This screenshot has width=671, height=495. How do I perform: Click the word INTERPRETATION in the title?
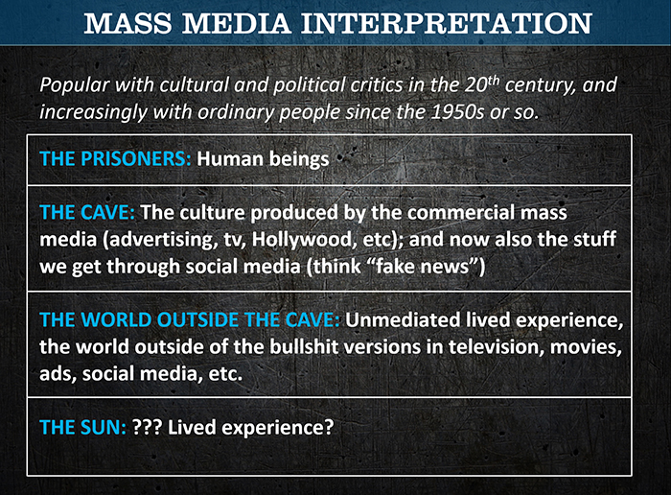(x=447, y=23)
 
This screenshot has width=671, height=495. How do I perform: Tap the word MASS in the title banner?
(x=127, y=23)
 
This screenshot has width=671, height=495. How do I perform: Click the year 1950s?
(x=458, y=112)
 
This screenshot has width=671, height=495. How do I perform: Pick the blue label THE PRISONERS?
(x=115, y=159)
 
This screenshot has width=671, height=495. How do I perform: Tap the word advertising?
(x=160, y=240)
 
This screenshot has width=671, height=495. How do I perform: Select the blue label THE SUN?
(x=83, y=427)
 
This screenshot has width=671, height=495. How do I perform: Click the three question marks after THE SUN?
(x=147, y=427)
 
